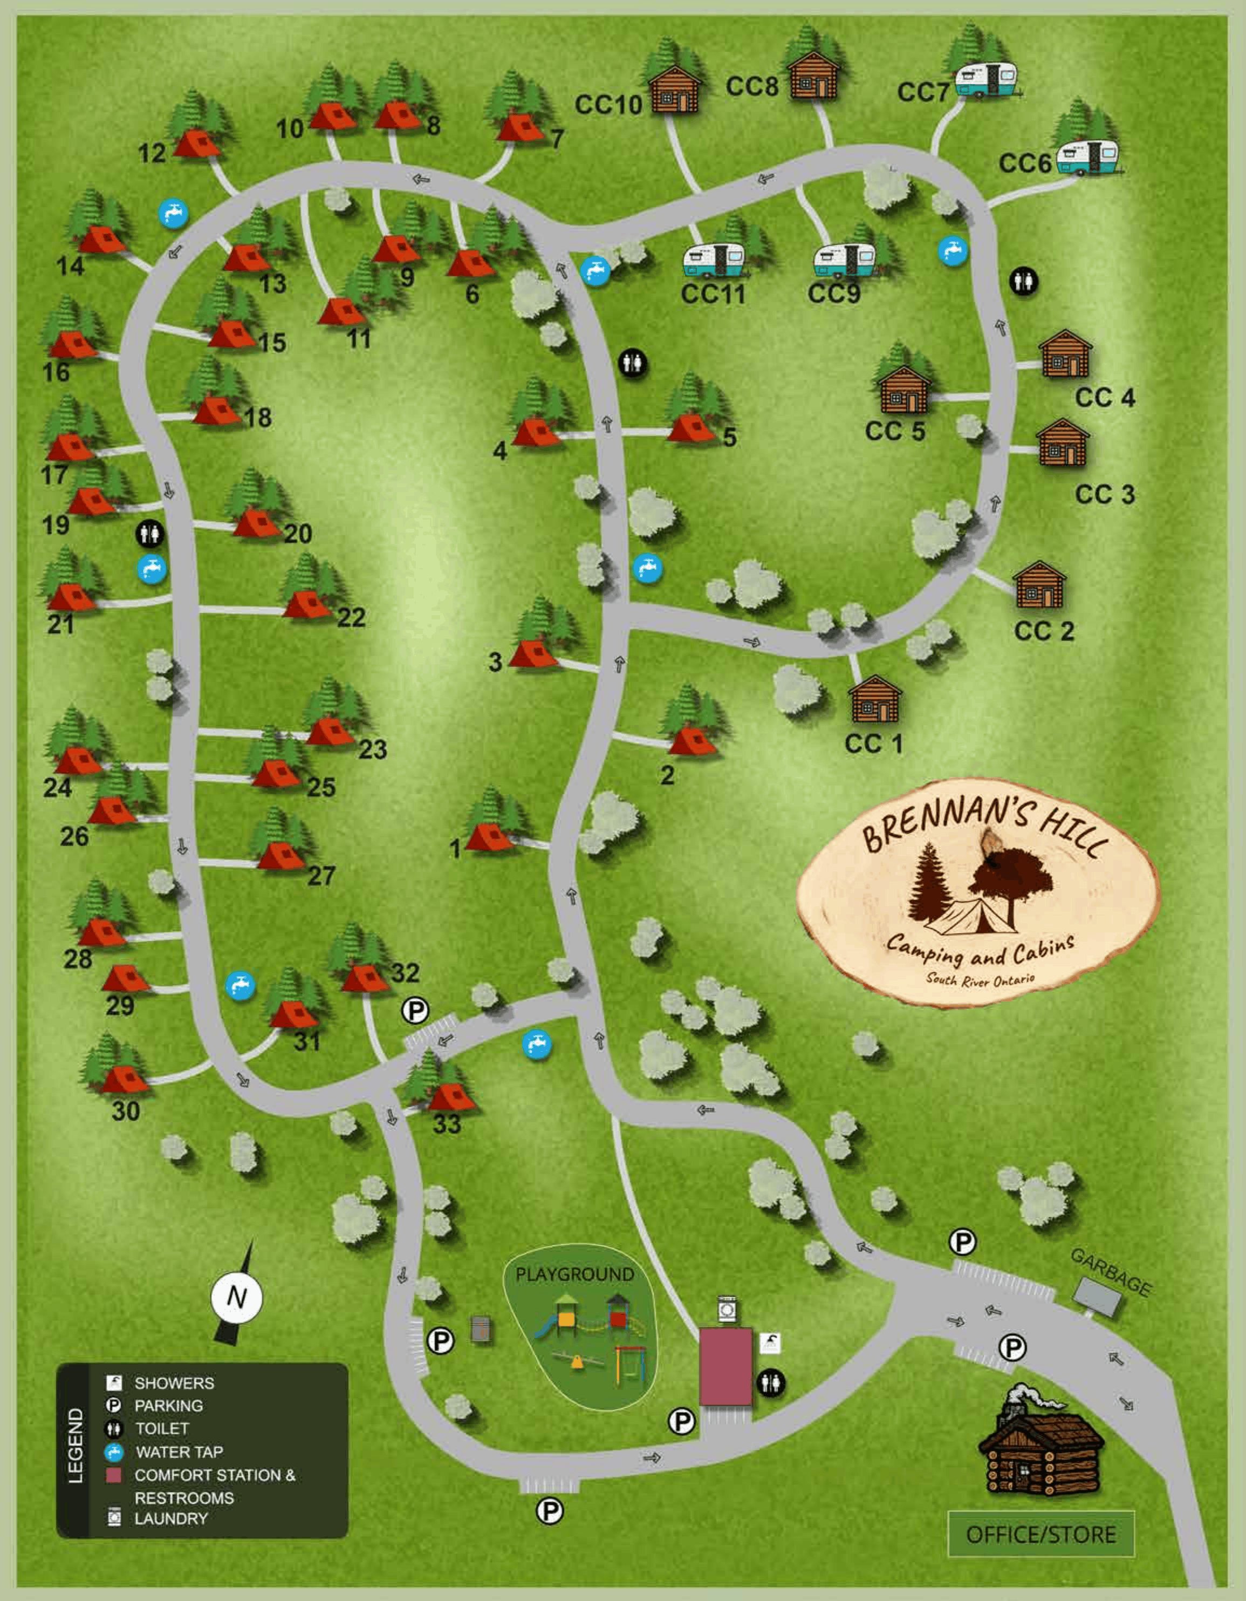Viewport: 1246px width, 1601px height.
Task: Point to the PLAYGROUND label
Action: (574, 1274)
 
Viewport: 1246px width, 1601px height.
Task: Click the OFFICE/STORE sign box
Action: (1041, 1534)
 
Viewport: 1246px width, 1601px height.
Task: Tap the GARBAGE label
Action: (1111, 1272)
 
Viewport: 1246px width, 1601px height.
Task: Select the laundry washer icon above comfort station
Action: (727, 1309)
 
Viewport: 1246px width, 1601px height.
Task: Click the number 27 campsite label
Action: (321, 875)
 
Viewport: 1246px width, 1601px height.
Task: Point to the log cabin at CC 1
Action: (874, 699)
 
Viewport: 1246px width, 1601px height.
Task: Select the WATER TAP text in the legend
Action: (179, 1452)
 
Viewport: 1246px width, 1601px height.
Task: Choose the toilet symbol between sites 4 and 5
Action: (633, 364)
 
